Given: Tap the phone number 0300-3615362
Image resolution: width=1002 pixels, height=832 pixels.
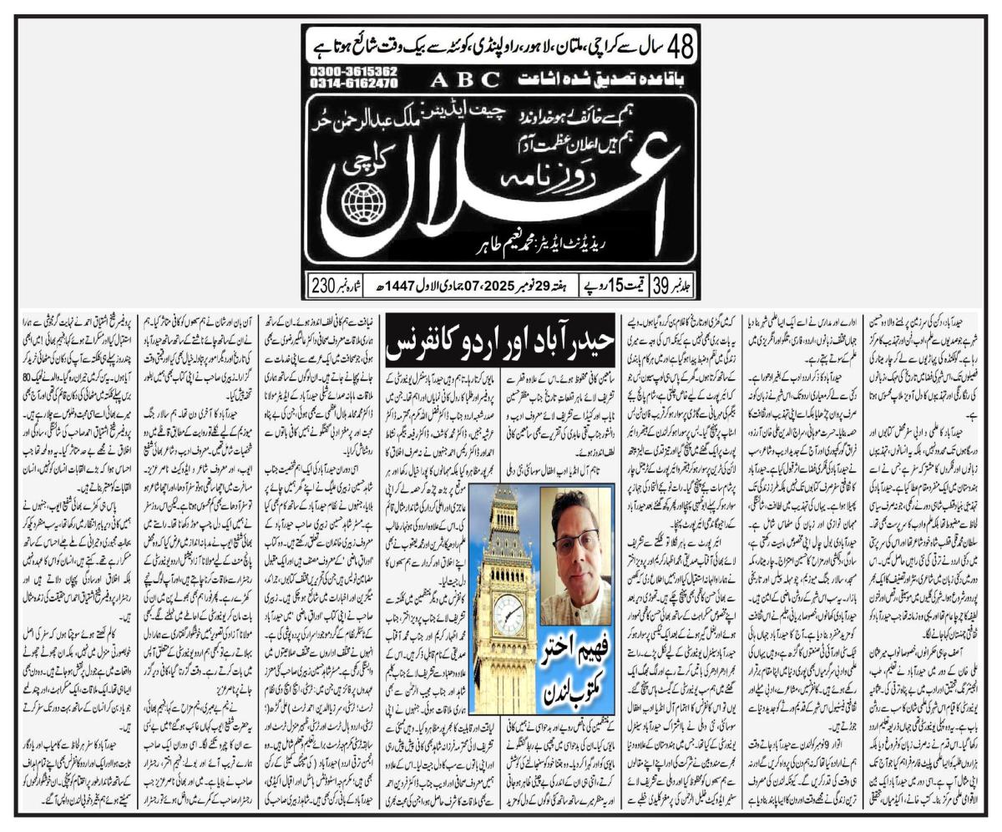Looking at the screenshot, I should [353, 72].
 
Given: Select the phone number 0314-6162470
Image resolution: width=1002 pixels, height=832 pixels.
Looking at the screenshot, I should [353, 84].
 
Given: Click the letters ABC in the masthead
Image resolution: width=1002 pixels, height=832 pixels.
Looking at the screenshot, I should [466, 79].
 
